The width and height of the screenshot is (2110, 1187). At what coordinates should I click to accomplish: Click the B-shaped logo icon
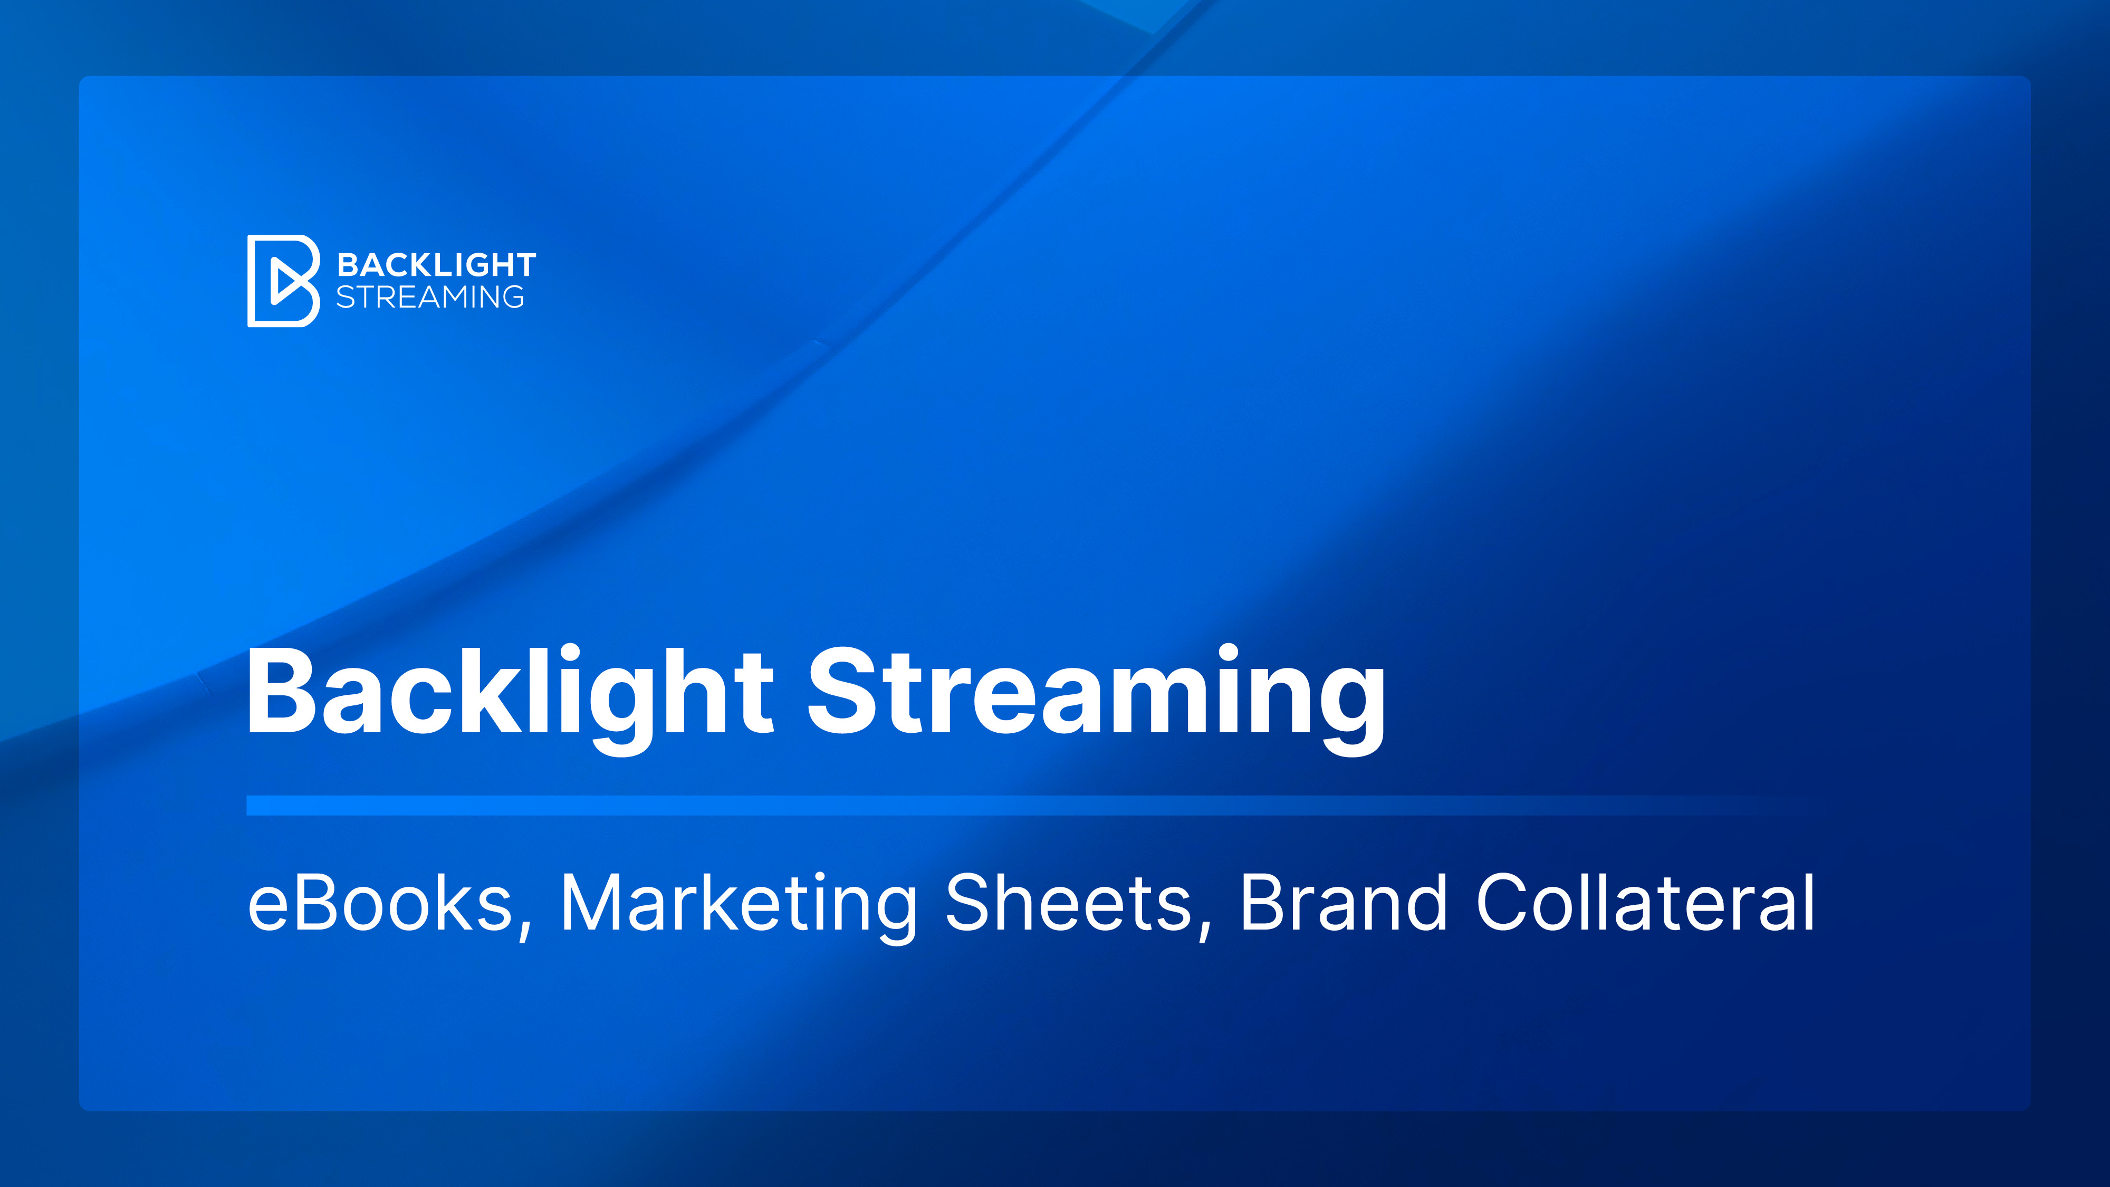(283, 281)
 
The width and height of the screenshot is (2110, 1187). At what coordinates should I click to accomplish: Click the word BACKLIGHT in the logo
(437, 265)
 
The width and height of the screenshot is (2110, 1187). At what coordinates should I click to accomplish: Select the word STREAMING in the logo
(430, 296)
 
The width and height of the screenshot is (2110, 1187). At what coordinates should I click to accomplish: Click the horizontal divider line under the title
(1015, 805)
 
